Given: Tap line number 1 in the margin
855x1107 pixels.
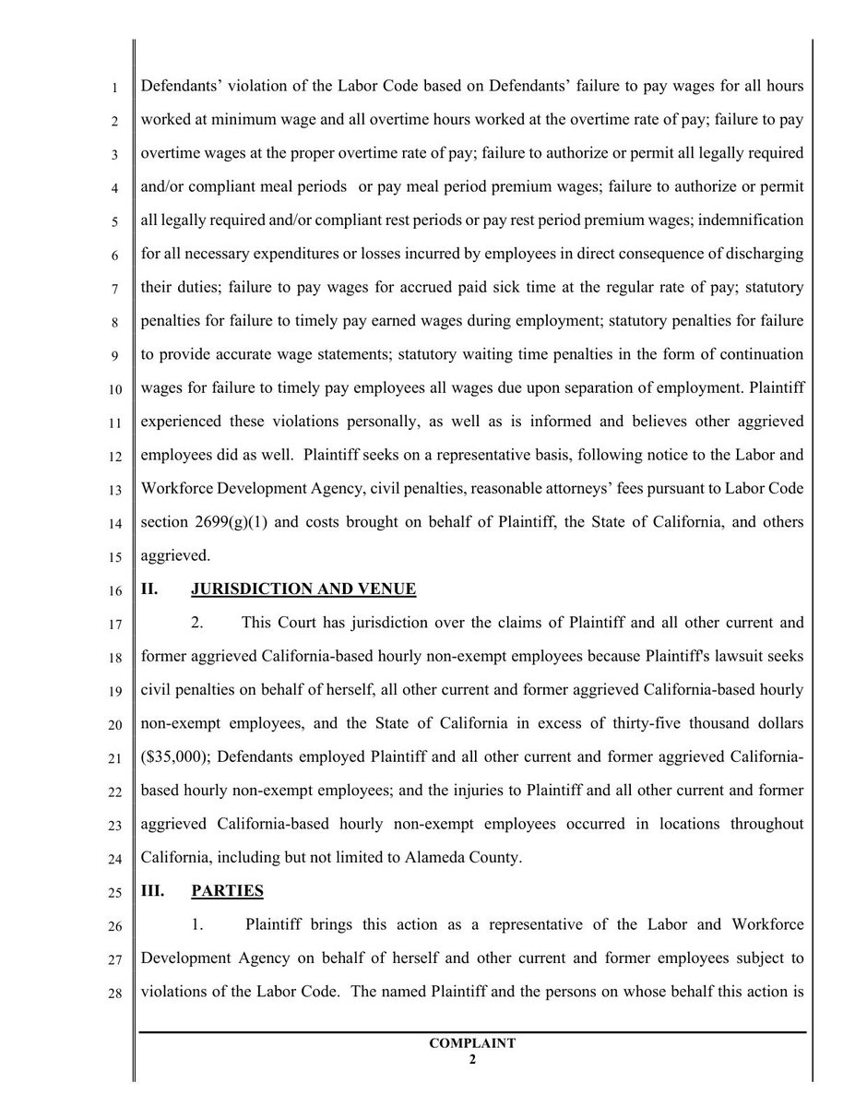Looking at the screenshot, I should [x=114, y=89].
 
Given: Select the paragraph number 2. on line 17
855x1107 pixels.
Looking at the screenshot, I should [x=197, y=622].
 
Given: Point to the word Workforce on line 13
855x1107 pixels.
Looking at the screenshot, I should [x=179, y=489].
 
